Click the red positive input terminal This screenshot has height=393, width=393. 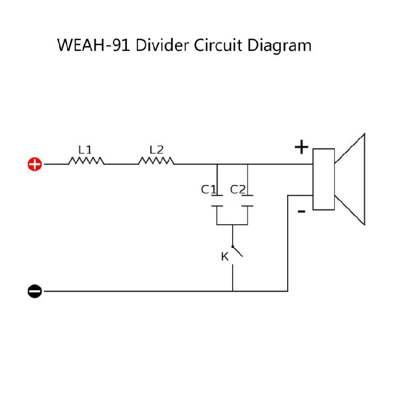tap(35, 164)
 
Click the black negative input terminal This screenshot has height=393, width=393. tap(35, 291)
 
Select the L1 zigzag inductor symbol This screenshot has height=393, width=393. tap(86, 161)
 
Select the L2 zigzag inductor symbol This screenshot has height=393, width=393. tap(156, 161)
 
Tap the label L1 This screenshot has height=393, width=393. tap(85, 150)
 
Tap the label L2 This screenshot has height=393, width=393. tap(156, 150)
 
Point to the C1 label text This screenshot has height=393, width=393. tap(208, 190)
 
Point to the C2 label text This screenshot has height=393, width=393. tap(237, 190)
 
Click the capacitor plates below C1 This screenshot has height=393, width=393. tap(217, 201)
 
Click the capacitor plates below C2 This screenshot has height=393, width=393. tap(247, 201)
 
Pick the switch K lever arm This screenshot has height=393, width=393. tap(237, 252)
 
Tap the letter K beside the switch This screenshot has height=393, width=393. tap(225, 257)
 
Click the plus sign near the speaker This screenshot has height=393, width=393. tap(301, 147)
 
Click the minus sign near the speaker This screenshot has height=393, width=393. tap(301, 212)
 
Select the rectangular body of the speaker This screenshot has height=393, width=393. tap(324, 179)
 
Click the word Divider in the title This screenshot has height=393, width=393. tap(162, 46)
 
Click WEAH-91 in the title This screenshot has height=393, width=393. tap(93, 46)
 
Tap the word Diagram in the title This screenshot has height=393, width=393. tap(279, 46)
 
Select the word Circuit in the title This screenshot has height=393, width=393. tap(218, 46)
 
